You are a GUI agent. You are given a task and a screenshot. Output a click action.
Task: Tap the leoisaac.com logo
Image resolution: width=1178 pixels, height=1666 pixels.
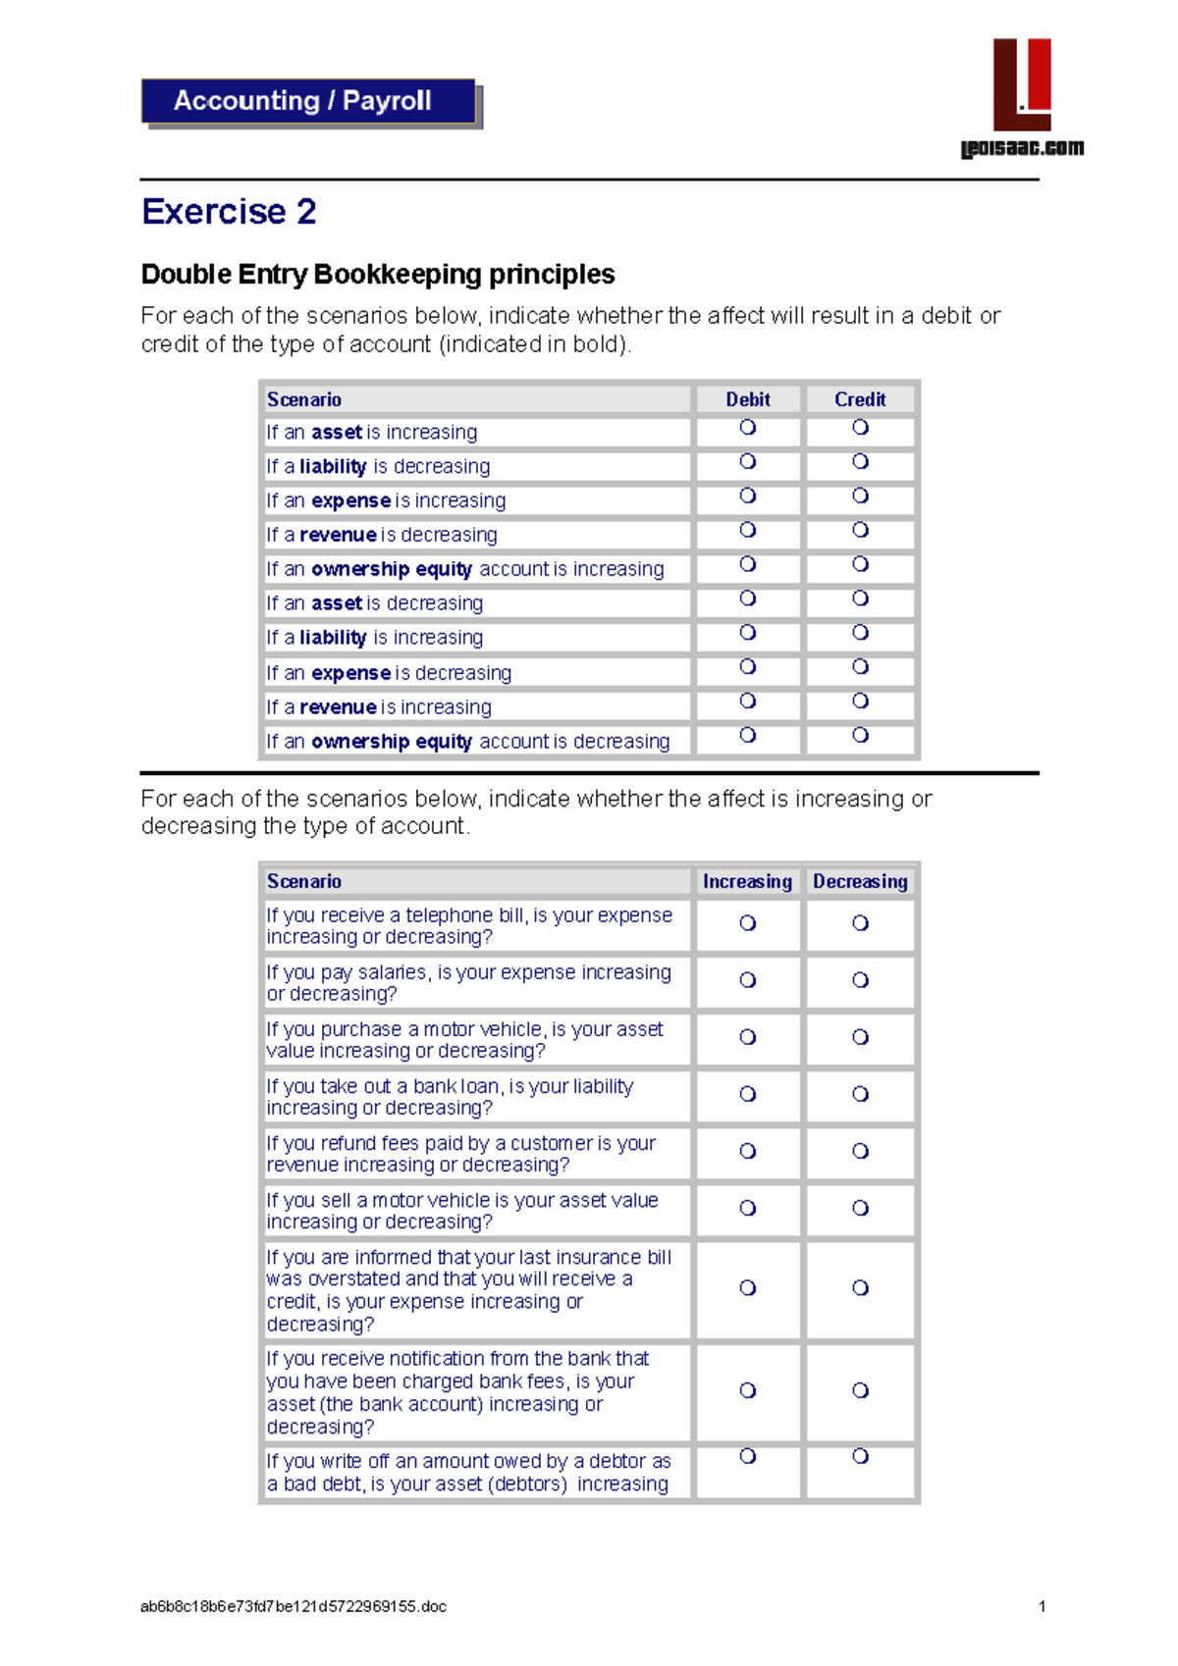click(x=1022, y=98)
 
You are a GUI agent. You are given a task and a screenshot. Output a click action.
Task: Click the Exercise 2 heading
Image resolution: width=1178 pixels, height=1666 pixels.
click(x=229, y=212)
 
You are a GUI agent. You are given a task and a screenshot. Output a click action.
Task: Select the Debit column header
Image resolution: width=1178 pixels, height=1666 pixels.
click(x=748, y=399)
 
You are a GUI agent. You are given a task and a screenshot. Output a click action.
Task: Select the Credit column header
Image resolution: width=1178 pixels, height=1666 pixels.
click(x=860, y=399)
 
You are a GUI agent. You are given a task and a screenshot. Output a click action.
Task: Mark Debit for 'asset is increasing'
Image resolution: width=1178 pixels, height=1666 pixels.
click(x=748, y=427)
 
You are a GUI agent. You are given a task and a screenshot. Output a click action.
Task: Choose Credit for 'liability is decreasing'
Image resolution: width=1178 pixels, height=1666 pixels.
click(x=860, y=461)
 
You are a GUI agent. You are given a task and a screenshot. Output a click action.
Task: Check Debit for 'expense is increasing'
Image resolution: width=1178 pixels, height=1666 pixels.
click(x=748, y=495)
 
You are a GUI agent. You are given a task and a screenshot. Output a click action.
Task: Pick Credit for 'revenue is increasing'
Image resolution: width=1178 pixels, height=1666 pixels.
click(x=860, y=701)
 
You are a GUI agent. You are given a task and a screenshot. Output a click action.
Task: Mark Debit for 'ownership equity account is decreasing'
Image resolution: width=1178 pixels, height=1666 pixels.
click(x=748, y=735)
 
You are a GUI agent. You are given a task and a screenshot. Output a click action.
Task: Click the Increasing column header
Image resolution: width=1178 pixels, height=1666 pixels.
click(x=747, y=881)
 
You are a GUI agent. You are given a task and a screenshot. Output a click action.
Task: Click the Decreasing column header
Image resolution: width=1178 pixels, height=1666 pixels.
click(x=860, y=881)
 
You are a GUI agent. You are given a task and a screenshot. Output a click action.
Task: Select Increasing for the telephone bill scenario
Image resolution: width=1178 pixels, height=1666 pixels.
click(x=748, y=923)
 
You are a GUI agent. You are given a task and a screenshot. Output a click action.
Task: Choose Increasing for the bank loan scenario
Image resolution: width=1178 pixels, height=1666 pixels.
click(x=748, y=1094)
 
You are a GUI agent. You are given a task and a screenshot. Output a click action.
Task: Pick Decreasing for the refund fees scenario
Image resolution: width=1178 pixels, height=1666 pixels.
click(x=860, y=1151)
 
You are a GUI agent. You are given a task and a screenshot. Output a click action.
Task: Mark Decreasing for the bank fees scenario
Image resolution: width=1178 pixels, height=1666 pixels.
click(x=860, y=1390)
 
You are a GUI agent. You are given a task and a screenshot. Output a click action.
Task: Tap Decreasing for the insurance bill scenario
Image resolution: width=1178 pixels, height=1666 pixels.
click(x=860, y=1288)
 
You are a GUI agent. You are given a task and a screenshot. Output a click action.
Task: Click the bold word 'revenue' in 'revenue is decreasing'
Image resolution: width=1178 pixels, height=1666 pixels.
click(x=338, y=535)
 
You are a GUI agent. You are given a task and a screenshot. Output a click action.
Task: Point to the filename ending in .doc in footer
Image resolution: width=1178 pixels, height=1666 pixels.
click(x=294, y=1607)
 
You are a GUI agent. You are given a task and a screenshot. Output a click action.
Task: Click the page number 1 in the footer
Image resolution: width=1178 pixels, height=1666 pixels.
click(x=1042, y=1607)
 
